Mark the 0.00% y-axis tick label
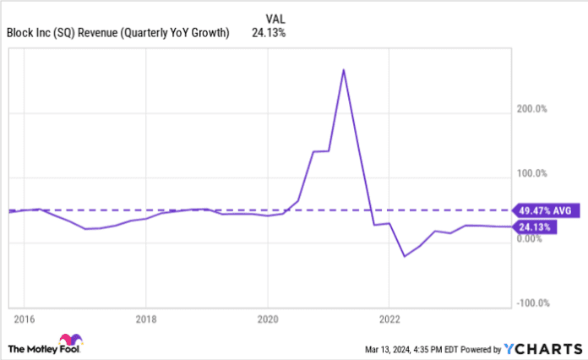[533, 238]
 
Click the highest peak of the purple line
[343, 69]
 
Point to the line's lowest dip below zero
[404, 256]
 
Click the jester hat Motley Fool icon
[17, 346]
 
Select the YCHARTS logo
[542, 346]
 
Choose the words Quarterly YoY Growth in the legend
[181, 34]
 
